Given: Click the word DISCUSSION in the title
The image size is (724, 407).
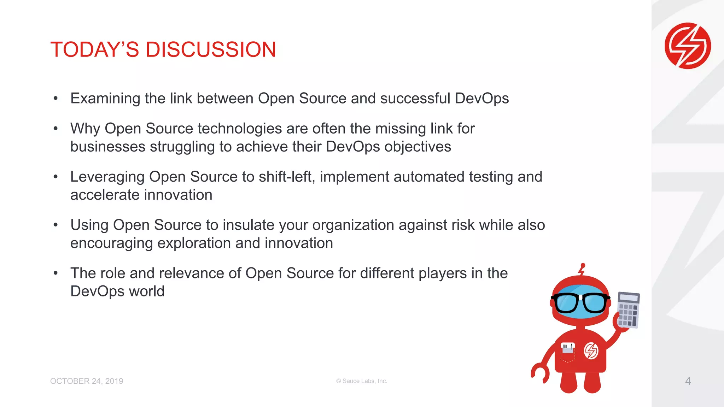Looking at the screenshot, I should pos(211,49).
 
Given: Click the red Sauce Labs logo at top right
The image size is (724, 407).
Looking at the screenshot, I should pos(688,46).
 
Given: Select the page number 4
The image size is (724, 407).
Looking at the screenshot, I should pos(688,381).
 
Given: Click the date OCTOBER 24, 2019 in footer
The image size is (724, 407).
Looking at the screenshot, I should pos(87,381).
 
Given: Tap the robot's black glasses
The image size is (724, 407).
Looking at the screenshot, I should pos(580,303).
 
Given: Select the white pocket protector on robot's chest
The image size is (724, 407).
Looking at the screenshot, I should pos(568,348).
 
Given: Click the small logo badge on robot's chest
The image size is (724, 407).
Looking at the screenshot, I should pos(591,351).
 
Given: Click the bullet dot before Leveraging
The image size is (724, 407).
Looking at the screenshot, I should pos(56,177).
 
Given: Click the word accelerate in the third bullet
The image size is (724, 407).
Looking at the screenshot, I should pos(105,195).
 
